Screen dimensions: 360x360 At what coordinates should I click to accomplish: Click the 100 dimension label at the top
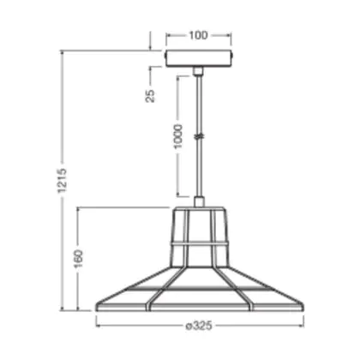[x=198, y=35]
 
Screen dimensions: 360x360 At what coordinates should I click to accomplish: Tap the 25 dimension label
[x=150, y=96]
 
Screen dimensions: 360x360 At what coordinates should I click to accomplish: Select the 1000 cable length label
[x=177, y=136]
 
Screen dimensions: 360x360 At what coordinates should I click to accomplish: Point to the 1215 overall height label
[x=62, y=181]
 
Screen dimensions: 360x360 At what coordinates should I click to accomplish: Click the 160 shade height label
[x=78, y=259]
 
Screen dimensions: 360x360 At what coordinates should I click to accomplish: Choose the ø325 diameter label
[x=199, y=326]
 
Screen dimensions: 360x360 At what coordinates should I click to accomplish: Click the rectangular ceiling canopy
[x=199, y=58]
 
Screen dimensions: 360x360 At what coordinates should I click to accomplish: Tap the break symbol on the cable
[x=199, y=136]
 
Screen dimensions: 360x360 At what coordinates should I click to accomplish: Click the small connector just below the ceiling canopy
[x=198, y=71]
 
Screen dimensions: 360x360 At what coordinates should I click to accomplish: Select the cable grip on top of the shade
[x=199, y=201]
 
